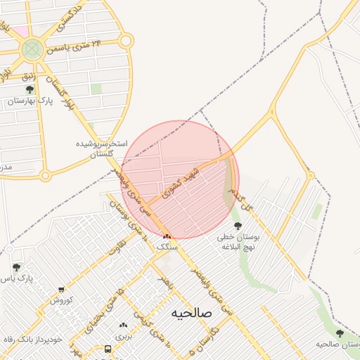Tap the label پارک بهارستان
(x=31, y=101)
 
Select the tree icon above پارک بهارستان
(x=30, y=90)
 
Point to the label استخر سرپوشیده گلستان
(x=103, y=148)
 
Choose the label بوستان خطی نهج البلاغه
(x=238, y=242)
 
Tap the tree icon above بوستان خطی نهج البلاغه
(x=238, y=226)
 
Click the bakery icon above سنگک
(x=167, y=236)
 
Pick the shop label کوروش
(x=61, y=300)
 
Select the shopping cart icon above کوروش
(x=61, y=290)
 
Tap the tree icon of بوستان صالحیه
(x=340, y=333)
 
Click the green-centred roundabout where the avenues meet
(x=32, y=49)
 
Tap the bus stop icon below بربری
(x=108, y=349)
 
